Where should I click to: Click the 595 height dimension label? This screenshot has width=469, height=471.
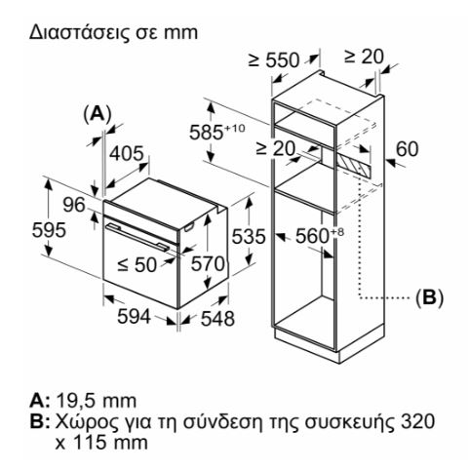49,230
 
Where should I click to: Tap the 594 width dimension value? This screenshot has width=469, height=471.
134,316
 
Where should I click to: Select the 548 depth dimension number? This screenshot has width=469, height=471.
217,318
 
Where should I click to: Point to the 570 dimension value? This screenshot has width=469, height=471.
208,263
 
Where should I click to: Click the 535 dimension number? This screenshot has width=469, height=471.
249,236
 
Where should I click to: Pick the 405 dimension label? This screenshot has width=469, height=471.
126,153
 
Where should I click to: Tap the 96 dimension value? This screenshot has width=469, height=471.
74,205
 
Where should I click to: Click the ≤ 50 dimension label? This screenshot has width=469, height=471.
137,264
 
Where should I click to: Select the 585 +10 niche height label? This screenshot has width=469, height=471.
217,132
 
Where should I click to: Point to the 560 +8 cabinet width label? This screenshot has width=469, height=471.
319,235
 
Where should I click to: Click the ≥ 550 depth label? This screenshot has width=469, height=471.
274,60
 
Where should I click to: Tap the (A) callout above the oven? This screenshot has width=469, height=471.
98,114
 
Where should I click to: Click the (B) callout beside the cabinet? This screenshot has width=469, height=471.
429,296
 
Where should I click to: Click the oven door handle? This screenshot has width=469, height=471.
137,237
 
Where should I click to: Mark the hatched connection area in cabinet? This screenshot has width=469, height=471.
353,165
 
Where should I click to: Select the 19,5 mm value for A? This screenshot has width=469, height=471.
97,401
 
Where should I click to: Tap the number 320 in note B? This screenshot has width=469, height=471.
417,421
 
